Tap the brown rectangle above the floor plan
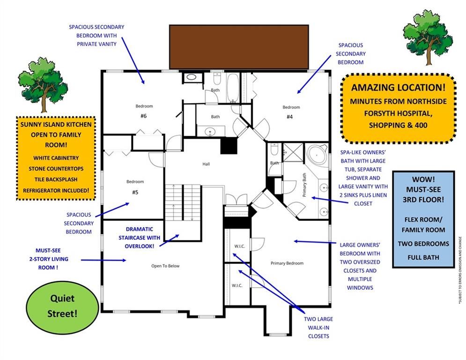239,46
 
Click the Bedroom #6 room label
144,111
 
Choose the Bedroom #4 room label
291,112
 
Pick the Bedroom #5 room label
135,187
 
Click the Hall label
206,164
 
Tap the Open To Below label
165,266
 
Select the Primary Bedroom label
287,263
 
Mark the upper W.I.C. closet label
237,247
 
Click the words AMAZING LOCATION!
398,87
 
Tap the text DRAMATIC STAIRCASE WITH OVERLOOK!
140,237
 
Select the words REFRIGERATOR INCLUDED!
56,190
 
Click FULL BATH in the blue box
423,257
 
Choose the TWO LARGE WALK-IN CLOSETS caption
318,327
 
